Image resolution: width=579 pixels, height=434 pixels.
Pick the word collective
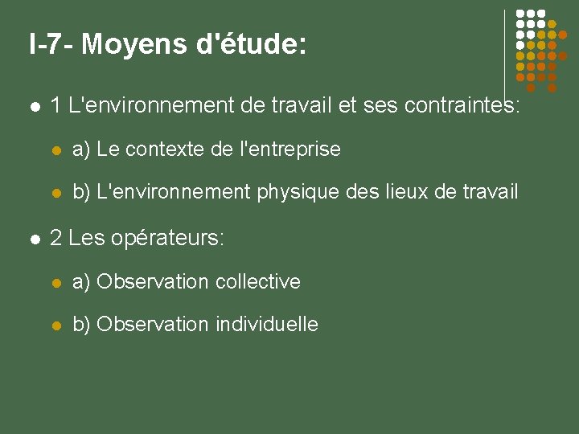click(x=258, y=281)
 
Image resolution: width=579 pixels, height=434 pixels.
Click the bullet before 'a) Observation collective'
click(x=56, y=282)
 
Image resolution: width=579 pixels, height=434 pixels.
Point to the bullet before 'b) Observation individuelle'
click(x=56, y=325)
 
